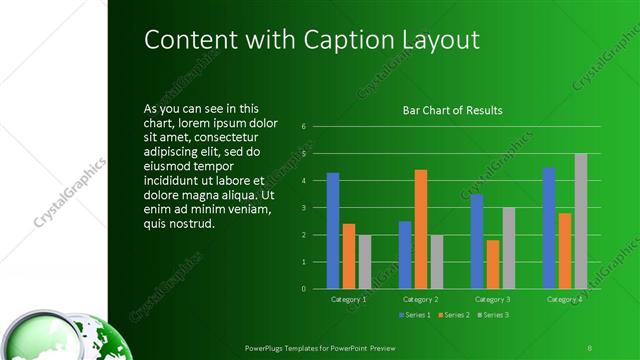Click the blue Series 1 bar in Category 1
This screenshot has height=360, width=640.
pos(332,231)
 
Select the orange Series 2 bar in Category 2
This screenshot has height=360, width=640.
pos(421,229)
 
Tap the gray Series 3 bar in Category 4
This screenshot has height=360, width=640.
pos(581,221)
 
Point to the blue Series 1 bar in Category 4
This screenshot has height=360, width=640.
pos(549,228)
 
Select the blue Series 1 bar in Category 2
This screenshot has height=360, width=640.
pos(405,255)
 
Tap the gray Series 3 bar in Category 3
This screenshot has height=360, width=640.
pos(509,248)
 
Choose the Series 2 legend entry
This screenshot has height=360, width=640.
pos(451,316)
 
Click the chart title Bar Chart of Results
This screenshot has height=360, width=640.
pos(452,110)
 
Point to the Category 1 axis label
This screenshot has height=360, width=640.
pos(348,299)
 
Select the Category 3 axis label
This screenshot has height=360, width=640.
pos(493,299)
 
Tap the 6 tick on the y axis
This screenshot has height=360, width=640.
pos(304,127)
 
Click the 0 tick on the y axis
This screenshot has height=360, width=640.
pos(304,289)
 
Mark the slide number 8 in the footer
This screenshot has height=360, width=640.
pos(590,346)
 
